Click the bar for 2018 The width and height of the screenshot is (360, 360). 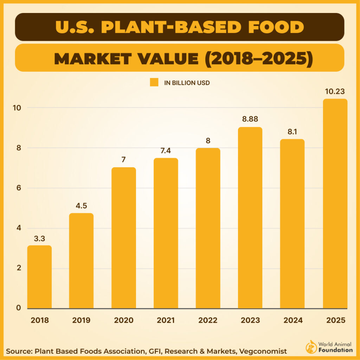[x=39, y=277]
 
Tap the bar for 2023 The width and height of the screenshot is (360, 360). [x=250, y=218]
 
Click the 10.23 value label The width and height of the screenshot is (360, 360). [x=335, y=91]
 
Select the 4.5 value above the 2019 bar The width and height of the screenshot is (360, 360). [x=81, y=206]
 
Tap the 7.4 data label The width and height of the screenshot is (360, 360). [x=166, y=150]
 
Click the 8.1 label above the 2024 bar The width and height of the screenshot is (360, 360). [x=292, y=131]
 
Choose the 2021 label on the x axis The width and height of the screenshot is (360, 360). [x=166, y=320]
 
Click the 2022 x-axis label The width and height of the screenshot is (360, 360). [x=208, y=320]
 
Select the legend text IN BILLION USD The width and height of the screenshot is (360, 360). [x=187, y=83]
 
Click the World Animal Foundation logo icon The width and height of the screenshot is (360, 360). [x=311, y=346]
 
